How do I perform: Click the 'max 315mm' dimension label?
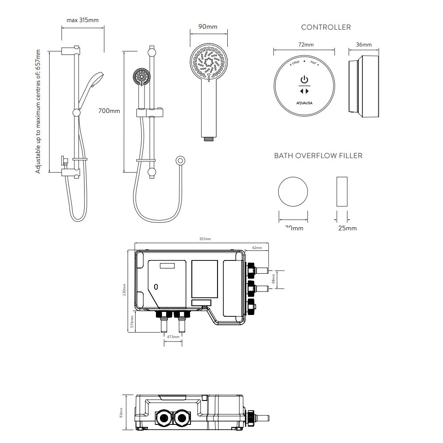click(x=82, y=20)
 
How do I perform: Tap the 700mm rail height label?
click(x=109, y=111)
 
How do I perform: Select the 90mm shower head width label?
click(x=207, y=27)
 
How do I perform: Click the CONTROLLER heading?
click(x=326, y=27)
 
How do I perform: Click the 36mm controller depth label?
click(x=364, y=45)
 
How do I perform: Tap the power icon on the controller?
click(x=304, y=80)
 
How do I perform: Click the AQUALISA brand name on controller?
click(x=304, y=105)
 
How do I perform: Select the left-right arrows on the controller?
click(x=304, y=91)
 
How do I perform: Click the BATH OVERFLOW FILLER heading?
click(x=318, y=155)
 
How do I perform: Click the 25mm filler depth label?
click(x=347, y=228)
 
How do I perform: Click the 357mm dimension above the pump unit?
click(x=205, y=239)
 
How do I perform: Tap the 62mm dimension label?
click(x=257, y=248)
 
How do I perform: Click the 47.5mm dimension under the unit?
click(x=173, y=337)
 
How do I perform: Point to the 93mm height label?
click(x=123, y=413)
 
